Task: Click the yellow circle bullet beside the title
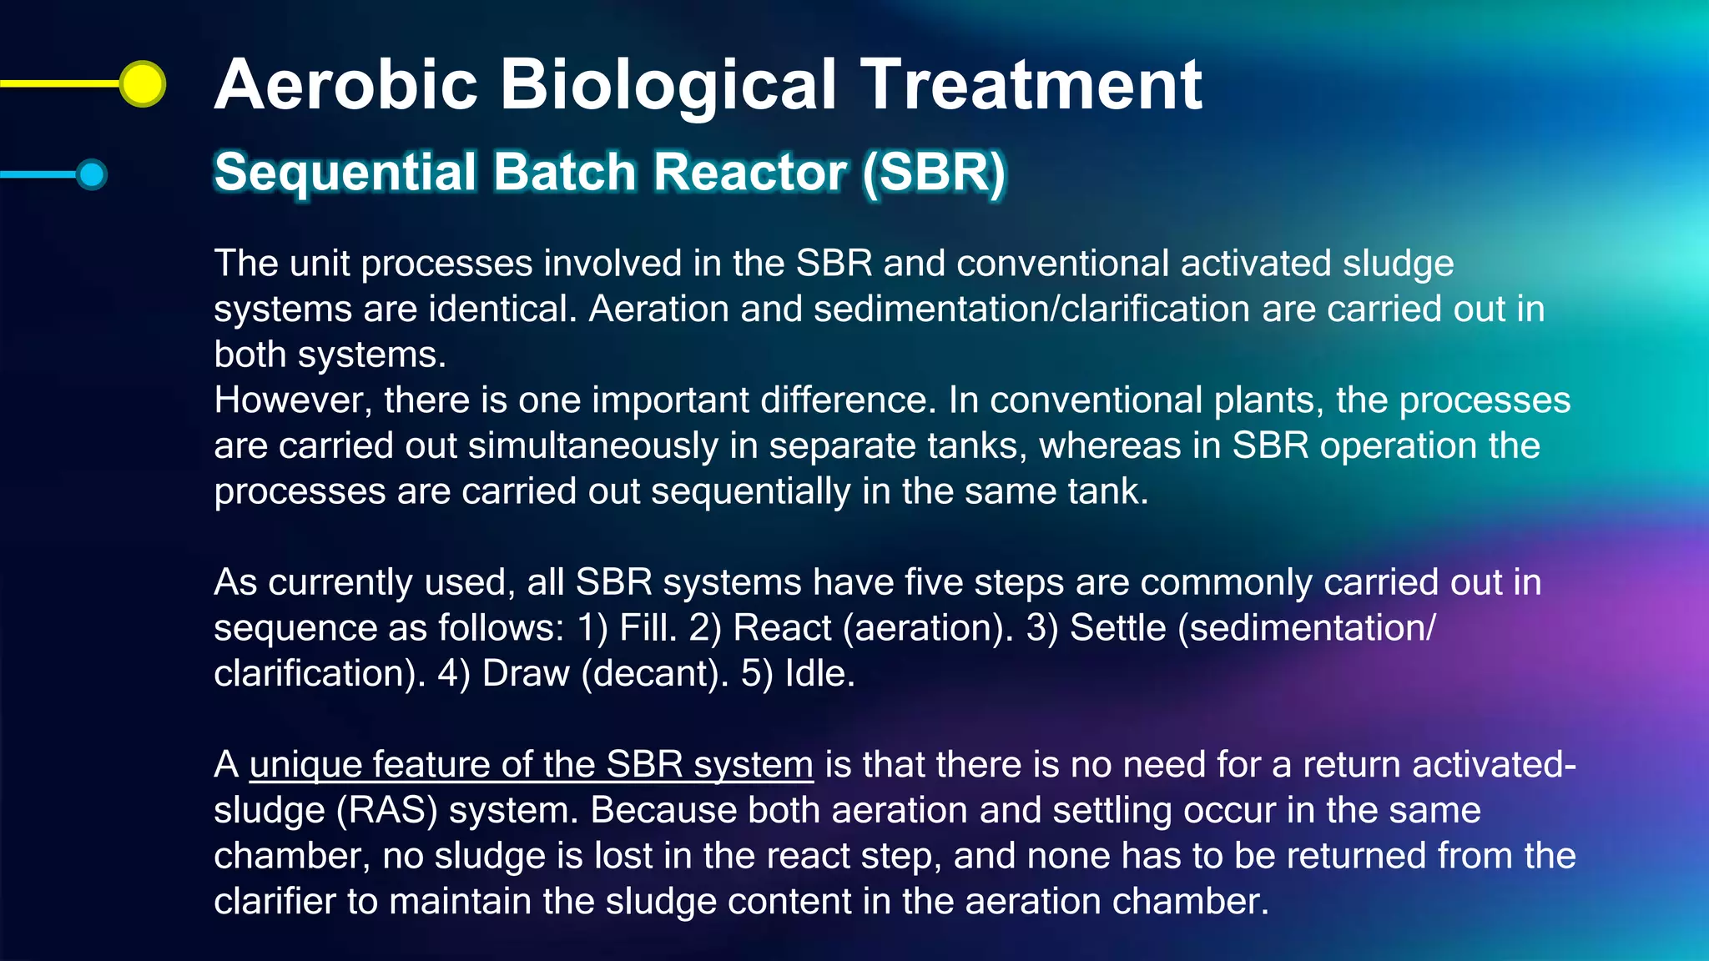(143, 83)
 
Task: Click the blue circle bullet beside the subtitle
(91, 174)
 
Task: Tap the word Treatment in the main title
(1031, 85)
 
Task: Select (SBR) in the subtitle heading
(934, 173)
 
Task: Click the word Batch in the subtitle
(564, 173)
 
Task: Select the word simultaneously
(593, 446)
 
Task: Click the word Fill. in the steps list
(648, 628)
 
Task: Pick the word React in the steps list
(782, 628)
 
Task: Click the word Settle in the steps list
(1117, 628)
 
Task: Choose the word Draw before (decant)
(526, 674)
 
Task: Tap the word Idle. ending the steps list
(820, 674)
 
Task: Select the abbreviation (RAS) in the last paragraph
(386, 811)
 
